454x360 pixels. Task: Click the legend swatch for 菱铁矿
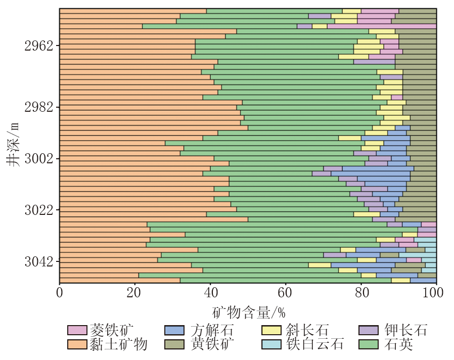(77, 330)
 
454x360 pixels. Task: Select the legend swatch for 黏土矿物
(77, 344)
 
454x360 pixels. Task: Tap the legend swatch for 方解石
(174, 330)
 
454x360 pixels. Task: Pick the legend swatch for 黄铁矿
(174, 344)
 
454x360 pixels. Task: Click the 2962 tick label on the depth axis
(39, 46)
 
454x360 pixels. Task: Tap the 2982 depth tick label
(39, 108)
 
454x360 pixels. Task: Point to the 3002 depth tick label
(39, 159)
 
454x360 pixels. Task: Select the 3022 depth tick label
(39, 210)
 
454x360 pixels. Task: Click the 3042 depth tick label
(39, 262)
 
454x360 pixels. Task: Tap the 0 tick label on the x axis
(60, 293)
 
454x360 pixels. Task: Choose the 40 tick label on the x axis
(210, 293)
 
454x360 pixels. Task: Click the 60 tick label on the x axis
(286, 293)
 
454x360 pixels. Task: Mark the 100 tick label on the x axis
(436, 293)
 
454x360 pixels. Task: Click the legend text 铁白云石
(315, 344)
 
